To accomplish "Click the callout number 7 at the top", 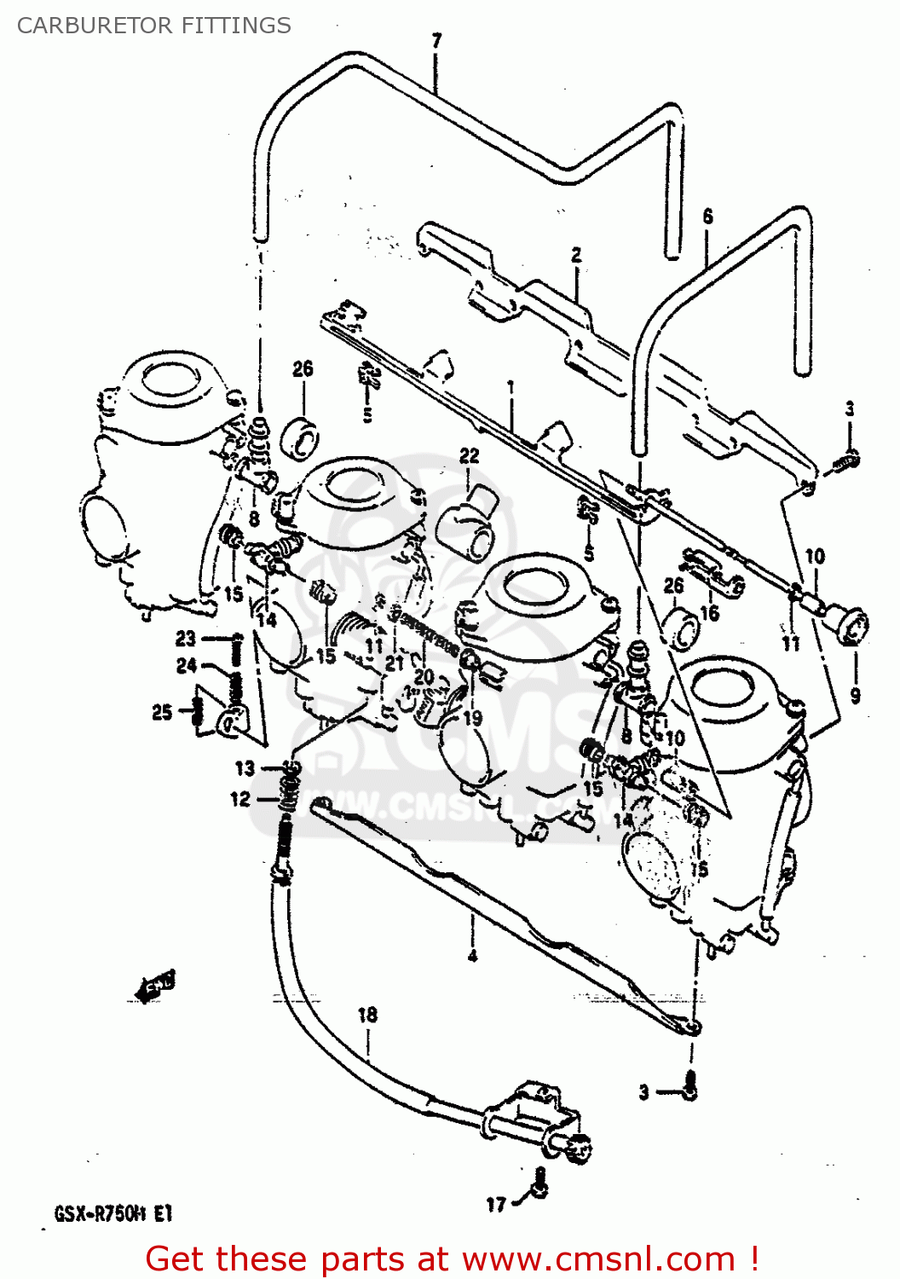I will (436, 40).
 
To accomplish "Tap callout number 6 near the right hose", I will (707, 217).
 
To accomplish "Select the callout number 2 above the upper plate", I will (576, 254).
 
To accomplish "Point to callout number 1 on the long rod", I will (511, 387).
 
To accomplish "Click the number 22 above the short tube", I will (470, 456).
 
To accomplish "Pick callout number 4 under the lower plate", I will (472, 956).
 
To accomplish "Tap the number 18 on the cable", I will (367, 1015).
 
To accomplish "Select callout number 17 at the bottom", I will (496, 1204).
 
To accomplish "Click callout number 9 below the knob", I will (855, 695).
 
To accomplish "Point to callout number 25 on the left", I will (162, 712).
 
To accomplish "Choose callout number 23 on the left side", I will (186, 638).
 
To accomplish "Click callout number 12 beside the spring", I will (240, 799).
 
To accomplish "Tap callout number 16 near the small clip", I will (709, 612).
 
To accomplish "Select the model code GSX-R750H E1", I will (113, 1213).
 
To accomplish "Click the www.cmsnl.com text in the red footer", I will (598, 1259).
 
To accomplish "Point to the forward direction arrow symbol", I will (155, 986).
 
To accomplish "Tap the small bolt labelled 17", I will (539, 1184).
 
